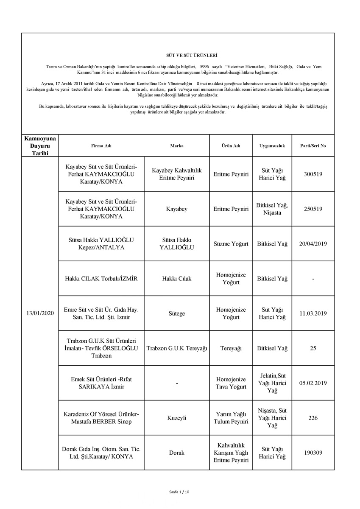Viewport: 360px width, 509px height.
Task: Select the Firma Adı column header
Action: (x=101, y=146)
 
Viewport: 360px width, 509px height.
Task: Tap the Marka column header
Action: (x=177, y=146)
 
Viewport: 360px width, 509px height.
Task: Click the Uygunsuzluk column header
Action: (x=272, y=146)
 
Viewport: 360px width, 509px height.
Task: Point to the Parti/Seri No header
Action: (x=313, y=146)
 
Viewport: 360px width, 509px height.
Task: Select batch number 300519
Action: (x=313, y=174)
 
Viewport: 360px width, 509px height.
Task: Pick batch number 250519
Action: (x=313, y=209)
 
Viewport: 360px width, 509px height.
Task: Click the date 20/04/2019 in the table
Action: (x=313, y=244)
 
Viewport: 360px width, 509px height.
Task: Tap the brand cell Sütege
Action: (x=177, y=313)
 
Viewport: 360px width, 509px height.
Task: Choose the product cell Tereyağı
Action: (x=231, y=348)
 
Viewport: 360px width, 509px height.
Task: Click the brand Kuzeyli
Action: (x=177, y=418)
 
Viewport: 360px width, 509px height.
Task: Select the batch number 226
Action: (x=313, y=418)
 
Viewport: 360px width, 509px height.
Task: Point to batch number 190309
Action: (x=313, y=453)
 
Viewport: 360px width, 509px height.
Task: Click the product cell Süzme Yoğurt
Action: (x=231, y=244)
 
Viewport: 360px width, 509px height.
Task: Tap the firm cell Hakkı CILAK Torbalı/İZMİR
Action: (x=101, y=279)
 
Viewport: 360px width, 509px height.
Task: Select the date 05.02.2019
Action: (x=313, y=383)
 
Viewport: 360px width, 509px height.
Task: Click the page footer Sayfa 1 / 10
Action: (x=180, y=492)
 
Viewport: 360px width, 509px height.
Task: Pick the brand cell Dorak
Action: (x=177, y=453)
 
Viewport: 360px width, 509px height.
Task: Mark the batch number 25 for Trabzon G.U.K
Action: (x=313, y=348)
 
